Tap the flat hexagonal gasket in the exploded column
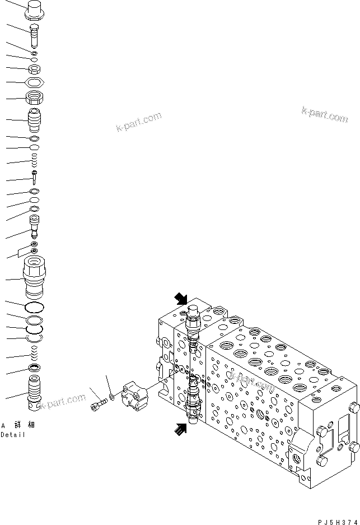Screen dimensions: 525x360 (x=35, y=82)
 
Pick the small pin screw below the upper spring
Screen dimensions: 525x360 (x=35, y=178)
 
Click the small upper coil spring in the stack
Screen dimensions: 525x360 (x=35, y=161)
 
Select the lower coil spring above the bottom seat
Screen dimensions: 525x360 (x=35, y=354)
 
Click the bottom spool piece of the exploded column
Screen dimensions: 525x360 (x=35, y=392)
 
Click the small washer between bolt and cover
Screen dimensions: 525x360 (x=113, y=397)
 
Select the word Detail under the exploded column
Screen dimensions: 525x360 (x=13, y=435)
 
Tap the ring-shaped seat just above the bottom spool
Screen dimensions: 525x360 (x=35, y=368)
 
